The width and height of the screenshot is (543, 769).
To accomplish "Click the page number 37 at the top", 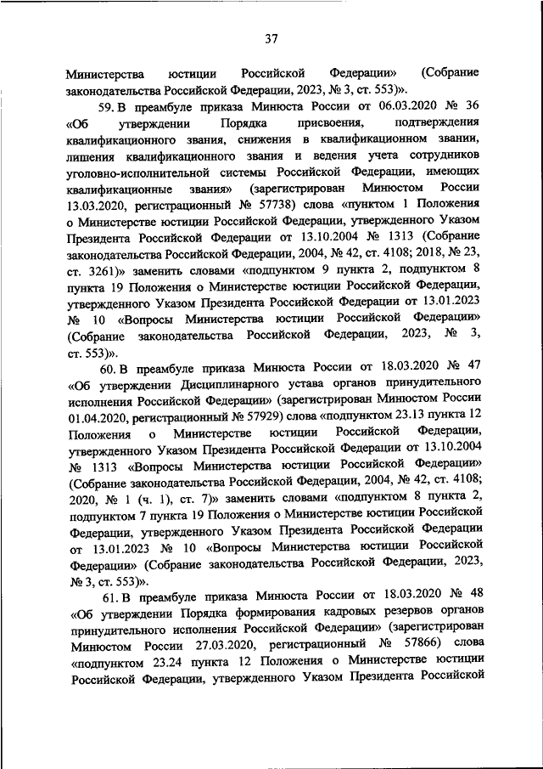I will [271, 38].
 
